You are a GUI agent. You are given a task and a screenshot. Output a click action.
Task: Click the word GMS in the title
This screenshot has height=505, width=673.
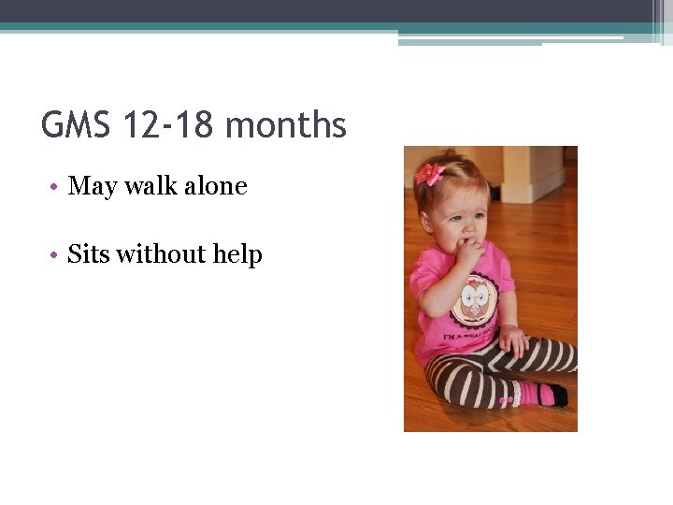pyautogui.click(x=77, y=124)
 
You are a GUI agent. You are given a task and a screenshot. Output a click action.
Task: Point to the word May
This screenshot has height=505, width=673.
pyautogui.click(x=92, y=187)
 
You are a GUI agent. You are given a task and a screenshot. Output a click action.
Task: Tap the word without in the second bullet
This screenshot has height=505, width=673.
pyautogui.click(x=161, y=254)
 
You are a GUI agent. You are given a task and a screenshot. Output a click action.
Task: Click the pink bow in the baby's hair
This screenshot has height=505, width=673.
pyautogui.click(x=430, y=173)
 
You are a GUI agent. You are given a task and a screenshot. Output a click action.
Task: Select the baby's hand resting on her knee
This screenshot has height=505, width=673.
pyautogui.click(x=513, y=339)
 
